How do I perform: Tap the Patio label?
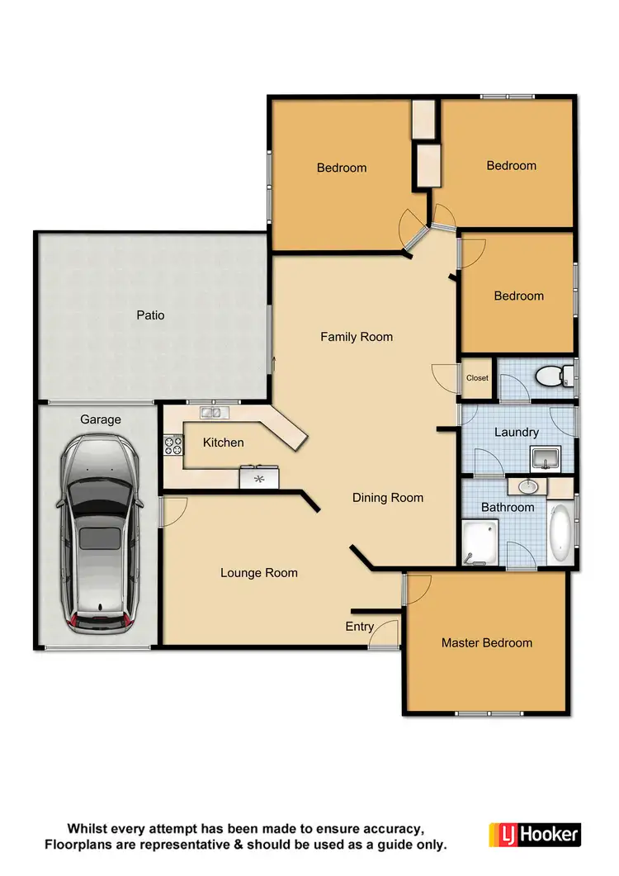tap(150, 315)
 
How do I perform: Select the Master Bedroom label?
tap(486, 642)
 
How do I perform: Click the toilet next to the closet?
tap(550, 377)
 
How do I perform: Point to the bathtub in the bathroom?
tap(561, 535)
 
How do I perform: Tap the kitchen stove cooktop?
tap(173, 445)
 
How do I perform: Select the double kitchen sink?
tap(210, 412)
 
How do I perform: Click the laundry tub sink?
tap(546, 457)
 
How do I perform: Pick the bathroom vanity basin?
tap(527, 486)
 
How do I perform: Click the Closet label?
tap(477, 378)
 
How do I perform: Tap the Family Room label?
tap(357, 337)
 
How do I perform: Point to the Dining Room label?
tap(387, 498)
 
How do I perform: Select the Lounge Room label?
tap(258, 572)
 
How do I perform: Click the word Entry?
tap(359, 627)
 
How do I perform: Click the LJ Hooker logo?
tap(535, 835)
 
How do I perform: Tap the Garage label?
tap(100, 419)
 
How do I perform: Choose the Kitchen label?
tap(223, 443)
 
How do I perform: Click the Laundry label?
tap(516, 432)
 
